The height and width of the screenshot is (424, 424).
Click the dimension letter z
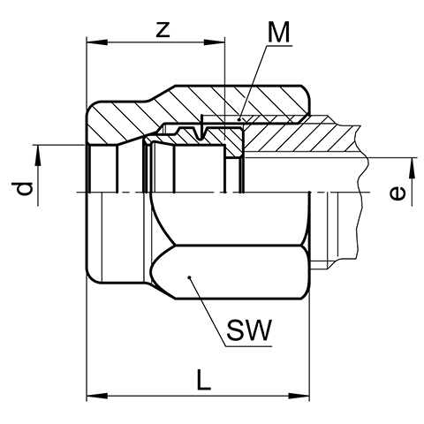pos(163,30)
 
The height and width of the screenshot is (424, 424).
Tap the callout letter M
pos(278,33)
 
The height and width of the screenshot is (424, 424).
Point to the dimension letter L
pos(204,380)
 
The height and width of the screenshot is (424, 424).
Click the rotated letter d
pos(24,189)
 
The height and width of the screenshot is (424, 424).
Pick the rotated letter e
pos(397,194)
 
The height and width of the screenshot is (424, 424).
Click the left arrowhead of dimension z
pos(96,42)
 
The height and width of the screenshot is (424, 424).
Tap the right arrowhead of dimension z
pos(215,42)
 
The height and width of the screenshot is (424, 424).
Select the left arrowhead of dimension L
pos(96,396)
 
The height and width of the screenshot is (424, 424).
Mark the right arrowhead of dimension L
pos(299,396)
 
